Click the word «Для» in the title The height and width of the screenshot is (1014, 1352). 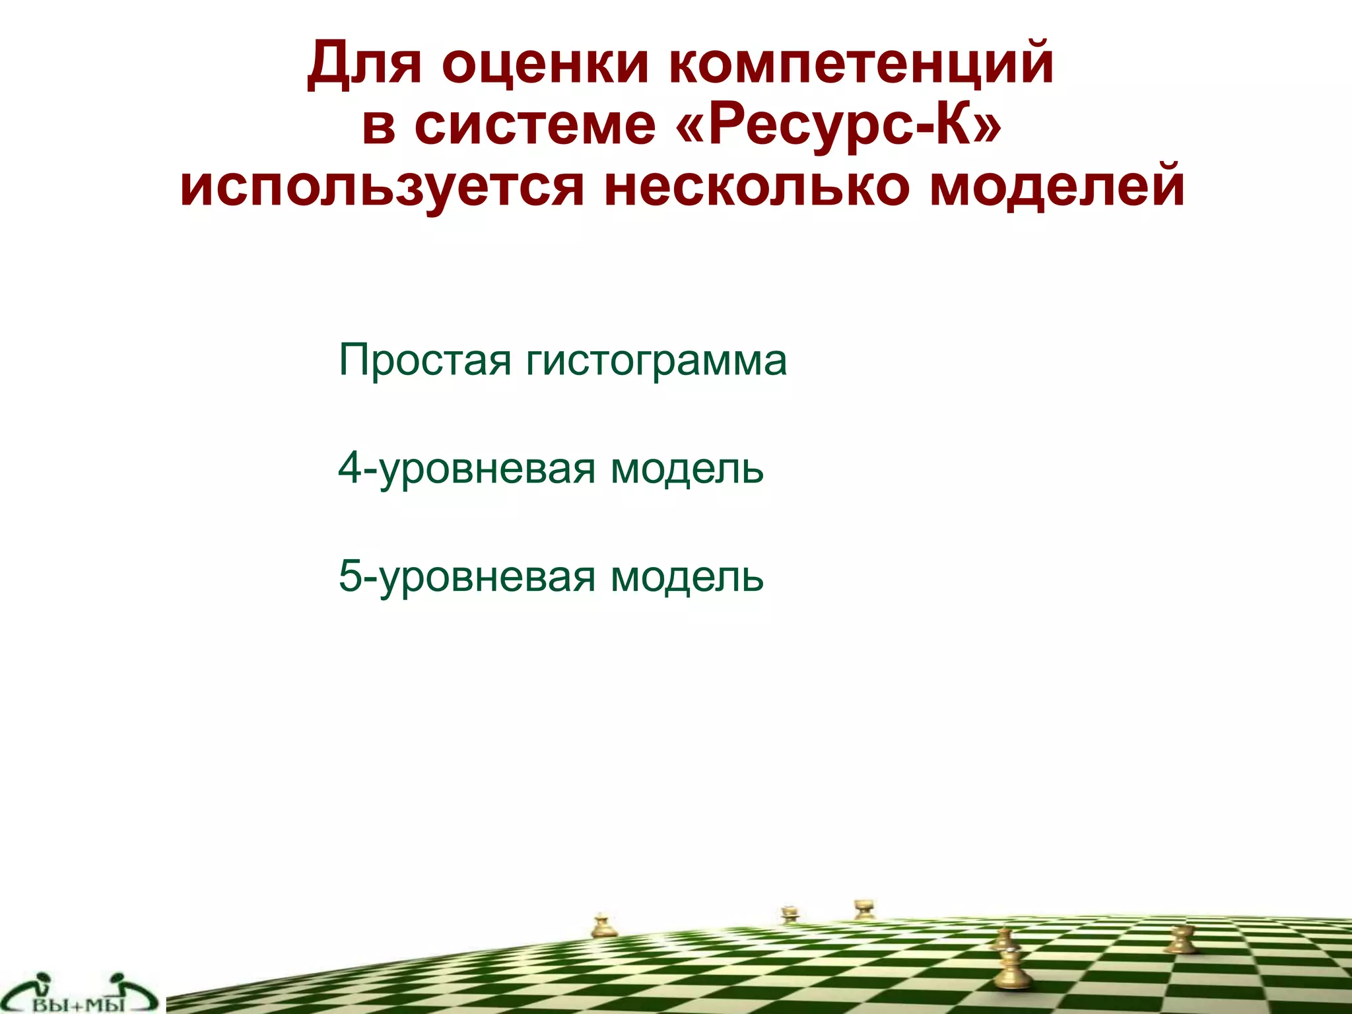click(x=364, y=64)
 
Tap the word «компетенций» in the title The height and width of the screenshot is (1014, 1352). click(x=862, y=64)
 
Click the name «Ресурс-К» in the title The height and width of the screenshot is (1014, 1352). click(x=838, y=125)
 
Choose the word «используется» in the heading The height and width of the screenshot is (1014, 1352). click(x=382, y=187)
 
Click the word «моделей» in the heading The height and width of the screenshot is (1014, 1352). click(x=1057, y=187)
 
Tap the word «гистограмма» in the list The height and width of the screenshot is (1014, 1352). click(x=656, y=360)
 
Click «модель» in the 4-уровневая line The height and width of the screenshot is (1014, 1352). click(x=687, y=469)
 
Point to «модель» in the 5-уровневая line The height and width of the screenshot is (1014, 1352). click(x=687, y=576)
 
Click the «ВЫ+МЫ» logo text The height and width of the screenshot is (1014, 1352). click(x=79, y=1005)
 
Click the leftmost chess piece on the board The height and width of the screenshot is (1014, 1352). click(x=601, y=926)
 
